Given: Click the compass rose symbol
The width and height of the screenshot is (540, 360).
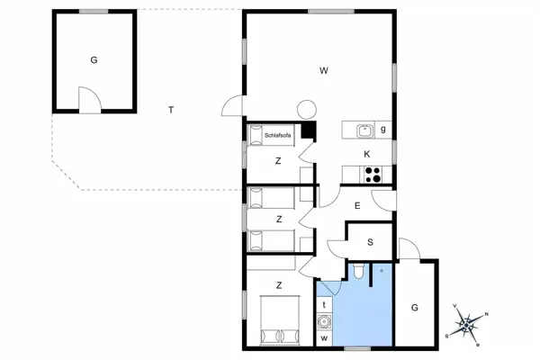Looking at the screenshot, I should click(466, 321).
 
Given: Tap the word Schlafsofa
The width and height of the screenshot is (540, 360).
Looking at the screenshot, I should click(277, 135).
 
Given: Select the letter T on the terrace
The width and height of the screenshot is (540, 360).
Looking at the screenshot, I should click(170, 110).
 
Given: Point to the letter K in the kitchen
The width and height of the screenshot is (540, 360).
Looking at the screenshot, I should click(367, 154).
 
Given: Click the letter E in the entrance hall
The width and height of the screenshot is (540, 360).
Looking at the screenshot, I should click(357, 206).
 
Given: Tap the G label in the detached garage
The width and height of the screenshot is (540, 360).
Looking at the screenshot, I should click(93, 60).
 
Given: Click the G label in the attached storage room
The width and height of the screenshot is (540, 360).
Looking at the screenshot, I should click(415, 308).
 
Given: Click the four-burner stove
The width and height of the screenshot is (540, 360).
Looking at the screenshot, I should click(373, 174).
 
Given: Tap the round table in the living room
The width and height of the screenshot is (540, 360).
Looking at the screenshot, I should click(306, 110).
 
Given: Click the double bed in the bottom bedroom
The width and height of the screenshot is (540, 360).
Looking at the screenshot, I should click(279, 321).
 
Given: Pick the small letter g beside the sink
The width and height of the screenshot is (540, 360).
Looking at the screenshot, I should click(384, 130).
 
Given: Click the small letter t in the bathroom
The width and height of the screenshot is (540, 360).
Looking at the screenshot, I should click(323, 304).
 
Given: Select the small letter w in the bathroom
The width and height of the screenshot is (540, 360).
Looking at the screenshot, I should click(323, 338).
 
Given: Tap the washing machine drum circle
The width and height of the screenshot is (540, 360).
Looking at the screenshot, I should click(324, 319).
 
